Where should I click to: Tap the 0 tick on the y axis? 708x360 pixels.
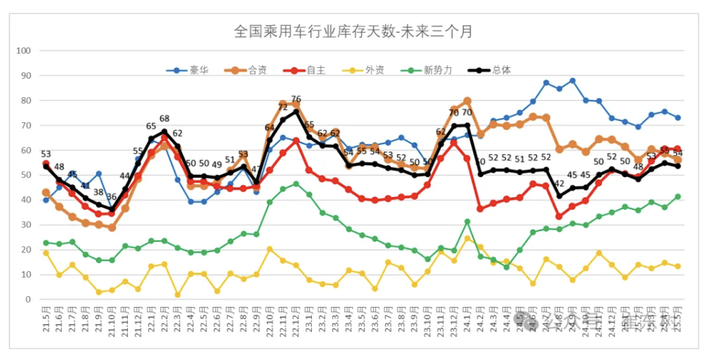pos(28,300)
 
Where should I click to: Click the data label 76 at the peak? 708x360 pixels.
pos(296,100)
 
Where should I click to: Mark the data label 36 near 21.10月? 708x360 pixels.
pos(111,197)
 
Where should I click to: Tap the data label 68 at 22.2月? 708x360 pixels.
pos(164,119)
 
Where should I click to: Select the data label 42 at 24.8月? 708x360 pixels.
pos(559,183)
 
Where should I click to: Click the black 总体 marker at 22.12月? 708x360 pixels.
pos(296,111)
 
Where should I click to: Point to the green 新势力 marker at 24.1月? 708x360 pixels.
pos(467,221)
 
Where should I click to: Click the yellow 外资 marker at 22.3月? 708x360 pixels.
pos(177,295)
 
